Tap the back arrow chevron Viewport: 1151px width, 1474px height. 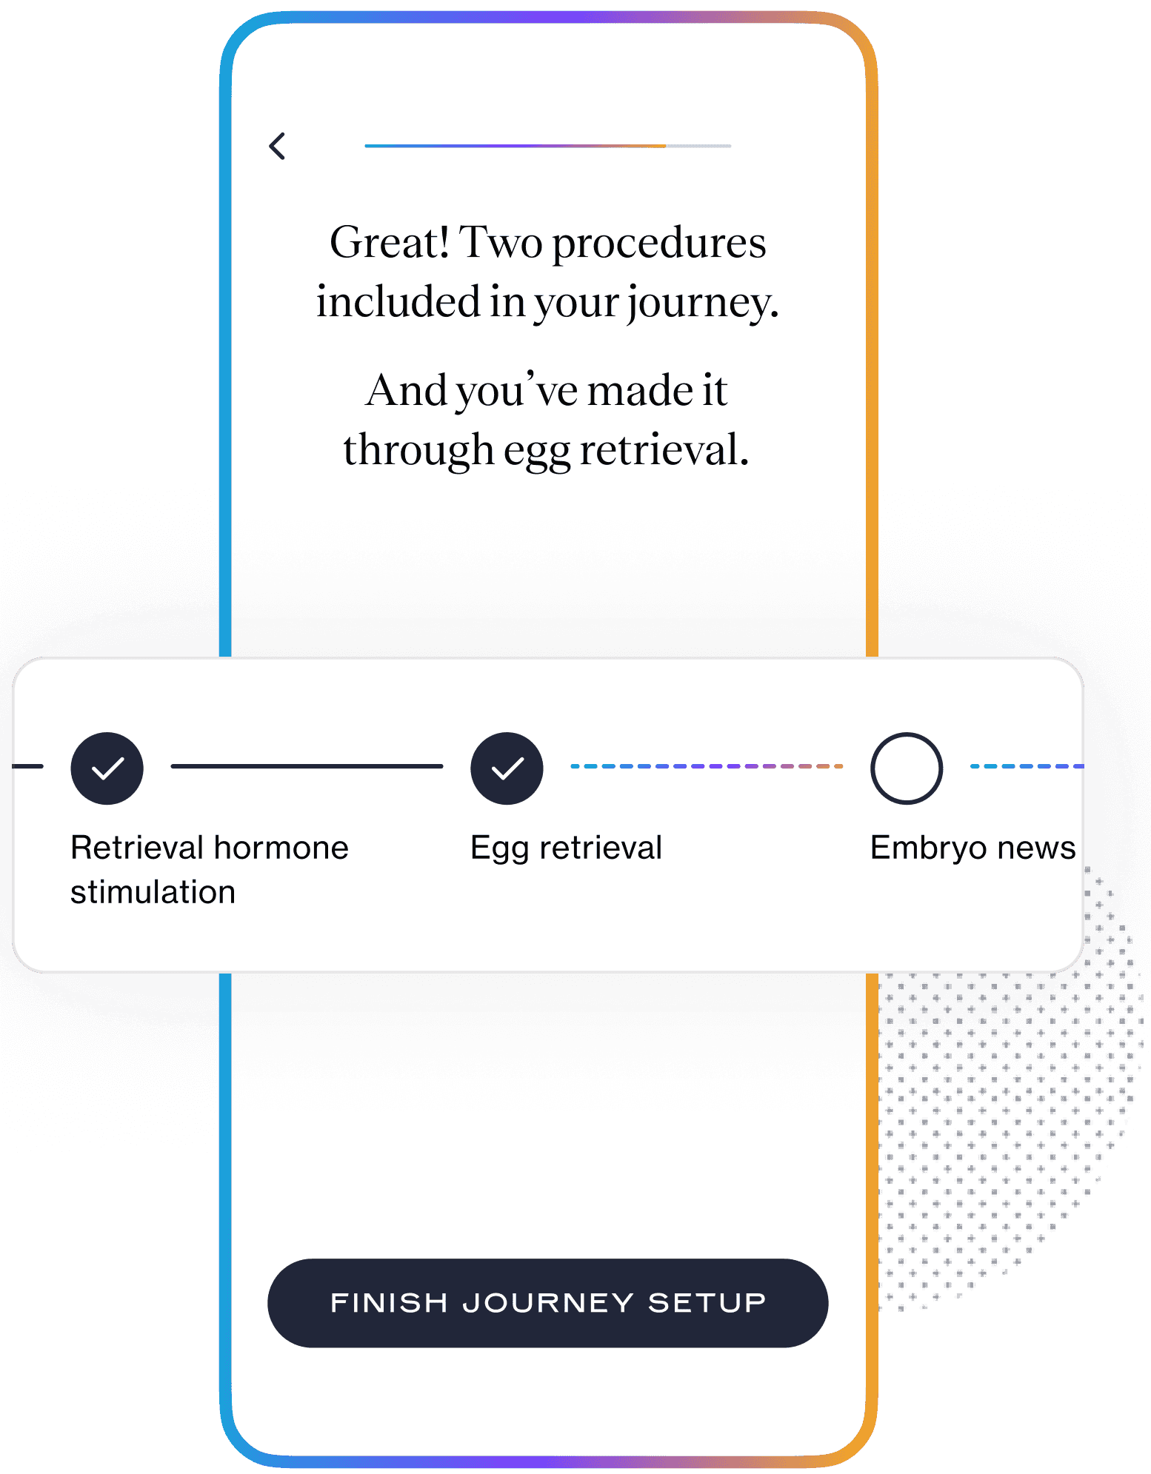(x=277, y=146)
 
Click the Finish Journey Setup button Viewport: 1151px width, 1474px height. (x=547, y=1302)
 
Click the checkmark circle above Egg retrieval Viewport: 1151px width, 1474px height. (x=507, y=768)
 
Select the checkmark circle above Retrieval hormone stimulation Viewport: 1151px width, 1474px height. (x=107, y=768)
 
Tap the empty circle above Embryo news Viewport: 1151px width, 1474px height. (x=907, y=768)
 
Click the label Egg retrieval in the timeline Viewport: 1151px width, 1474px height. (x=566, y=848)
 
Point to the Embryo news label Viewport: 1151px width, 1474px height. (x=972, y=848)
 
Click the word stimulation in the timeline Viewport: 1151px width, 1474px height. (x=153, y=891)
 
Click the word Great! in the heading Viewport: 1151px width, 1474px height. (x=390, y=242)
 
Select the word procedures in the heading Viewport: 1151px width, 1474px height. (x=659, y=244)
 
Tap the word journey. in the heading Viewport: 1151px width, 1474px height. (x=704, y=304)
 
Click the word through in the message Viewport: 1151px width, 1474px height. (x=418, y=451)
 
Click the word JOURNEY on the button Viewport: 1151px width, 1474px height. (x=548, y=1302)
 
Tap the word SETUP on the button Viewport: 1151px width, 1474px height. (x=707, y=1302)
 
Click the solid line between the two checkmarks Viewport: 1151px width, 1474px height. (x=307, y=766)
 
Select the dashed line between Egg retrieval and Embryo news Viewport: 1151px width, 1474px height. (x=707, y=766)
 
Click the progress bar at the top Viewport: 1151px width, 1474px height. (x=547, y=146)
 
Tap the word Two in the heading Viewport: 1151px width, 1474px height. (x=501, y=242)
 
